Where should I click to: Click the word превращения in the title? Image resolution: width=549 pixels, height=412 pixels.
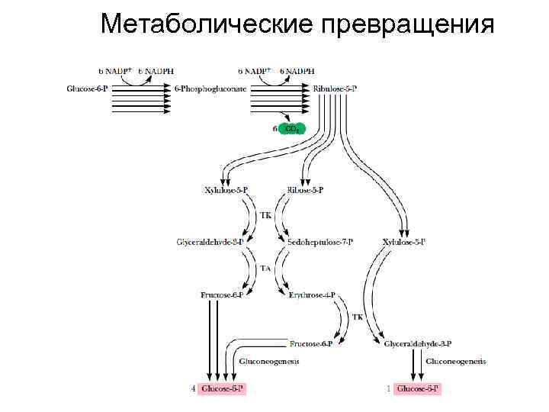(x=408, y=24)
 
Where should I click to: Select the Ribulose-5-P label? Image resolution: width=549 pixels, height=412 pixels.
(x=335, y=89)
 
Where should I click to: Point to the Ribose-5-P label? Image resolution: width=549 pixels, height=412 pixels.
(x=305, y=190)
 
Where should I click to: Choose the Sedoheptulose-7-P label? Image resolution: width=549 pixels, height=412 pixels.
(x=320, y=242)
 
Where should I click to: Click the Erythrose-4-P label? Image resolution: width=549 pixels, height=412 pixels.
(x=312, y=294)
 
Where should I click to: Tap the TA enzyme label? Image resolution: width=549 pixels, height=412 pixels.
(x=265, y=268)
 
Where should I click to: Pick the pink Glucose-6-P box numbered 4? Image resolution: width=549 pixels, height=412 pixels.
(x=223, y=389)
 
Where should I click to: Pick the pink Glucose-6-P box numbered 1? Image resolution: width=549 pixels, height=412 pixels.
(x=418, y=389)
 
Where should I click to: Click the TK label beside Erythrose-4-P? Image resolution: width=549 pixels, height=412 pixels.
(x=357, y=317)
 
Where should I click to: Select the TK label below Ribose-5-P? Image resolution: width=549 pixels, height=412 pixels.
(x=265, y=216)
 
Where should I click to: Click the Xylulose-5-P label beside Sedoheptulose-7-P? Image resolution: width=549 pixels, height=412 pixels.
(x=404, y=242)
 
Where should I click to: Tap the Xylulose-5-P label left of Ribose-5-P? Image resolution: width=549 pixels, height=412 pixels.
(x=226, y=190)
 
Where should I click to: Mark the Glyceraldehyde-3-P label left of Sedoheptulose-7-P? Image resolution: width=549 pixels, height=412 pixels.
(x=210, y=242)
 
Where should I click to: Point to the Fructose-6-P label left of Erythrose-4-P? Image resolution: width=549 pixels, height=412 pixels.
(x=222, y=294)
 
